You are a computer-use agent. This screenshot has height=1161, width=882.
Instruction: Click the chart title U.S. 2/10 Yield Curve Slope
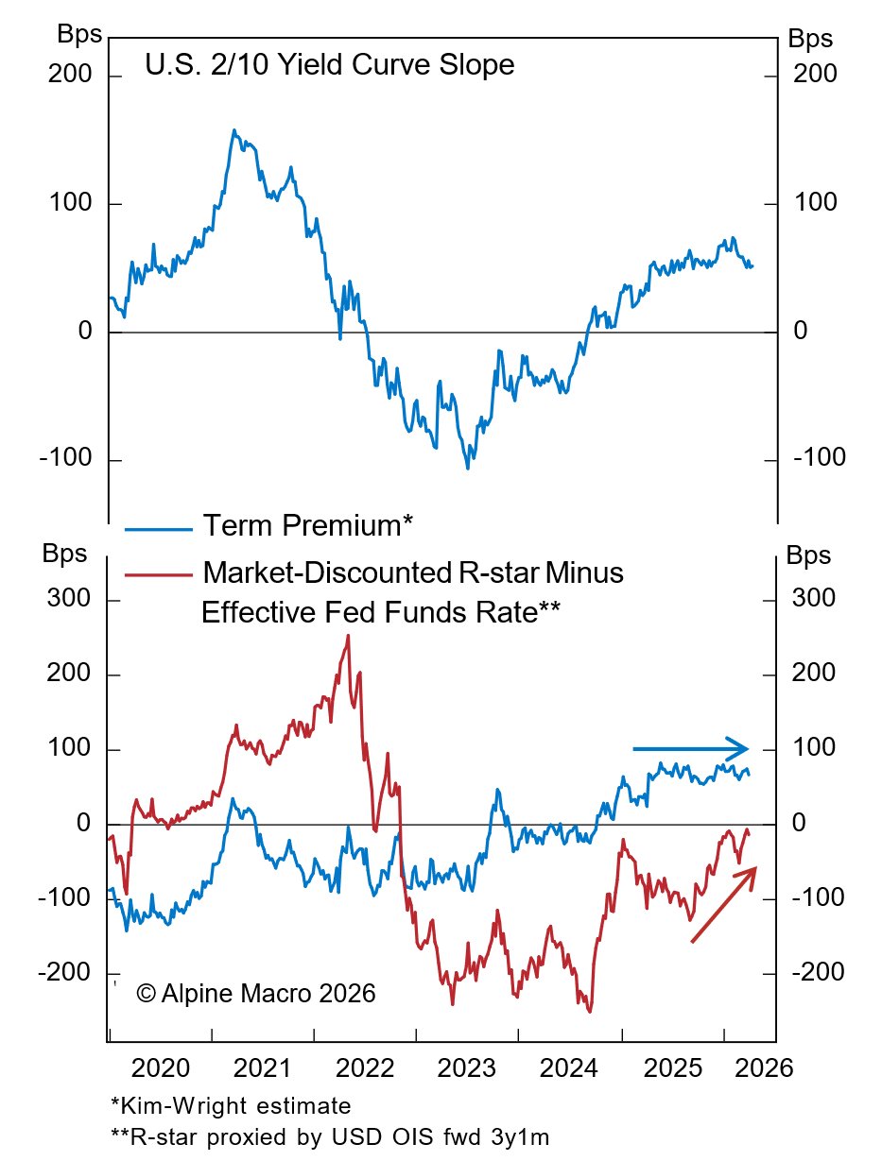329,66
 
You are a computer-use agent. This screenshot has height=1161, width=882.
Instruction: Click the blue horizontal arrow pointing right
691,749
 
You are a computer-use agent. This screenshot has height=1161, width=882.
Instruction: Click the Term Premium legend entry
307,526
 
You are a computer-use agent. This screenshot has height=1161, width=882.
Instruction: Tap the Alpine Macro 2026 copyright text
256,994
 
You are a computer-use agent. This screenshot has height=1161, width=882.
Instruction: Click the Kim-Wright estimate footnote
231,1106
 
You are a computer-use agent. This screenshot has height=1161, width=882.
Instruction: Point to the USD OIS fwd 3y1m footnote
330,1137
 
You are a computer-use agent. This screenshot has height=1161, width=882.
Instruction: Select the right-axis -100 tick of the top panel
820,460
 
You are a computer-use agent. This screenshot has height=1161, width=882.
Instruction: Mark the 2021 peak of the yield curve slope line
233,130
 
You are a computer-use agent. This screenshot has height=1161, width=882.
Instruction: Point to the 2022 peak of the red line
348,636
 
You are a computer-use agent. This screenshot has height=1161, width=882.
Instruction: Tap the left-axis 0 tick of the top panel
85,332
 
